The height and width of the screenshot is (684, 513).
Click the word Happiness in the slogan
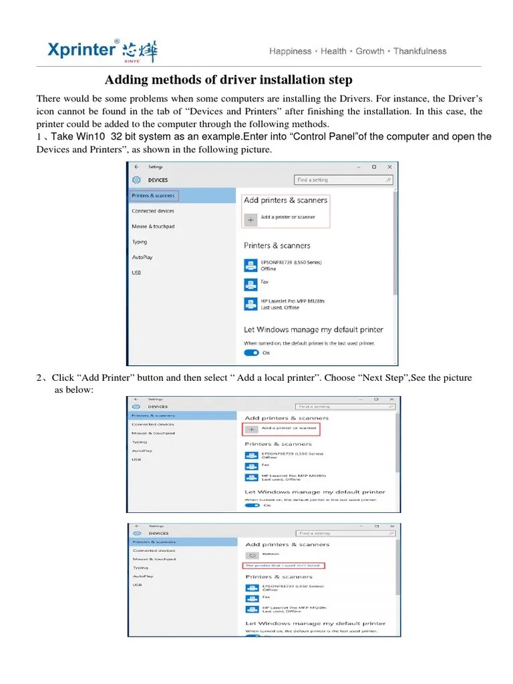pos(290,51)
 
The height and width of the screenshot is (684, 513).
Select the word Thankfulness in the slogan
pos(419,51)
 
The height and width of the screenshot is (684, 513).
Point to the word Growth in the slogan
pos(369,51)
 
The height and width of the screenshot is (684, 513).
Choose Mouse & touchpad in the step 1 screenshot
pos(153,226)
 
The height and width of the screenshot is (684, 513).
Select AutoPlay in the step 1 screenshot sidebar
pos(142,257)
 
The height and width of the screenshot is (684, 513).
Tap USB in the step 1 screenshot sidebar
pos(136,273)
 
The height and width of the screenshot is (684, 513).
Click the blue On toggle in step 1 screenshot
pos(251,353)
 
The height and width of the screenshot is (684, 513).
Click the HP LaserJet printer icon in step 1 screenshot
pos(250,304)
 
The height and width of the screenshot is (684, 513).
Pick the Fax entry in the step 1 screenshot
pos(265,282)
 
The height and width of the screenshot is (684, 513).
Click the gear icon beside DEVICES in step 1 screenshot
pos(136,180)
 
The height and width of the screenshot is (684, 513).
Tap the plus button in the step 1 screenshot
pos(250,218)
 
